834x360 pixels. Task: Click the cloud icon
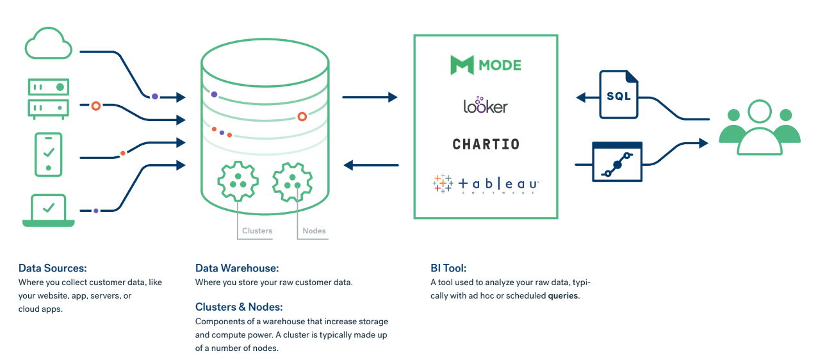(x=49, y=43)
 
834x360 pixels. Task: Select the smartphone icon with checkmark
(x=49, y=154)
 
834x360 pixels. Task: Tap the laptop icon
(x=49, y=210)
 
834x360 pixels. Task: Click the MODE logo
(x=486, y=65)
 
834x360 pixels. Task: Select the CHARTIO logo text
(x=486, y=144)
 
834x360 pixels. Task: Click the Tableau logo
(x=486, y=184)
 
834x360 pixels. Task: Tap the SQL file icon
(x=618, y=95)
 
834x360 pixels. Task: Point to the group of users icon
(x=760, y=128)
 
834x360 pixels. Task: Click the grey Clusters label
(x=257, y=231)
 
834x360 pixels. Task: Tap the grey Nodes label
(x=314, y=231)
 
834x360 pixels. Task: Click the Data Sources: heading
(x=53, y=268)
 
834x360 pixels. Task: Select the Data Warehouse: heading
(x=237, y=268)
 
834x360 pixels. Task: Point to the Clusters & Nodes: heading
(x=239, y=307)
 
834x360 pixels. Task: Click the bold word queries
(x=563, y=296)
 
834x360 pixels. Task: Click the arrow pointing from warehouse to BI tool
(x=370, y=97)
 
